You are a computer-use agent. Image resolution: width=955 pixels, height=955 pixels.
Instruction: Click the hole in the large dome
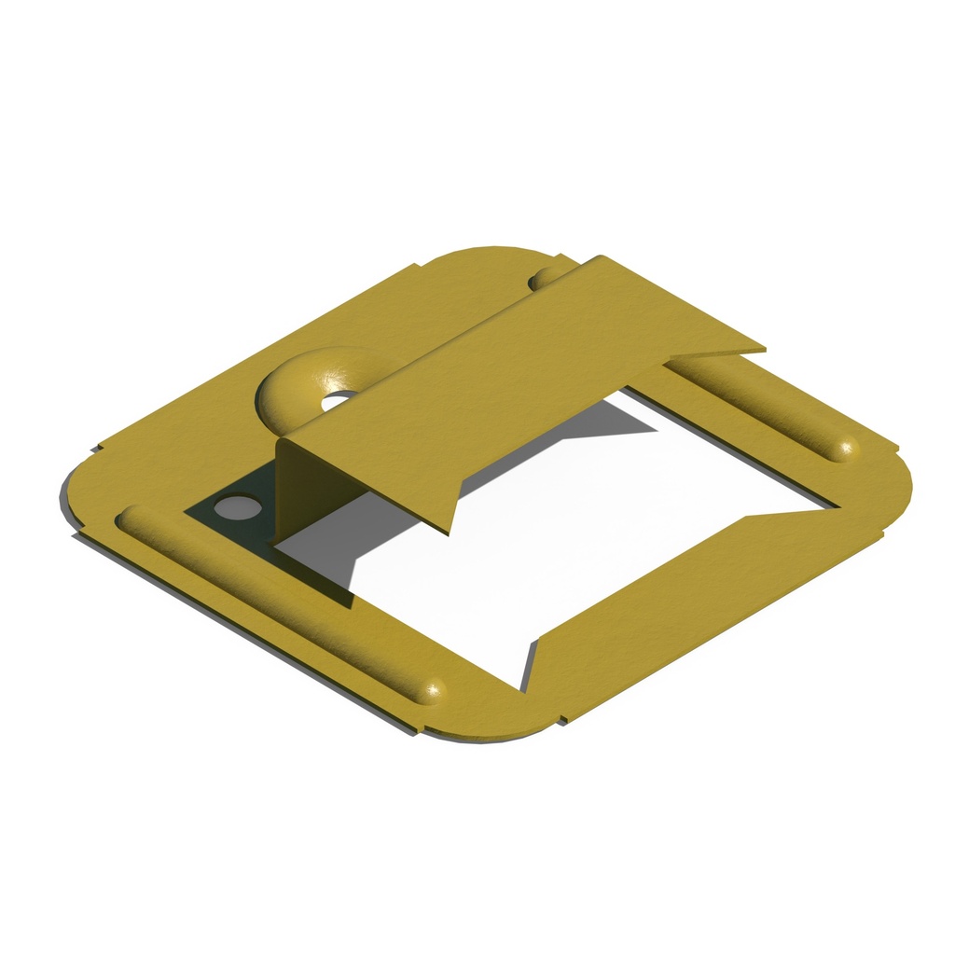[x=338, y=400]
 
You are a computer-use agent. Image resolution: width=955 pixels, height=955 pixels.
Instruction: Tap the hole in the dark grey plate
[x=237, y=507]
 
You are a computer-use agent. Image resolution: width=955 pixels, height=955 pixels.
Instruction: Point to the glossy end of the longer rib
[x=431, y=690]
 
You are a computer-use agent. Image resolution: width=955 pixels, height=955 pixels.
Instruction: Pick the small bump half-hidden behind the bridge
[x=545, y=277]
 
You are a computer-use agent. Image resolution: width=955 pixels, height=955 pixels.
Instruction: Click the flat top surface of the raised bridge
[x=522, y=373]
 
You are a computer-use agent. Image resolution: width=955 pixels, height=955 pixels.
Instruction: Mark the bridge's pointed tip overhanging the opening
[x=448, y=528]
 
